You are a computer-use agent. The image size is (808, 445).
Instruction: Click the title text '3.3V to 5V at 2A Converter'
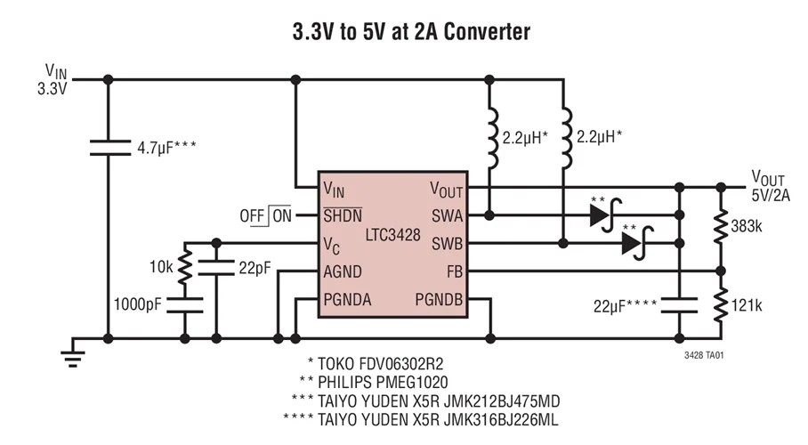(411, 33)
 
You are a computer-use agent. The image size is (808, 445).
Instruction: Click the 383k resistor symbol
(719, 228)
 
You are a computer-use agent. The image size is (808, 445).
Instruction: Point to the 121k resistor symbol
(719, 305)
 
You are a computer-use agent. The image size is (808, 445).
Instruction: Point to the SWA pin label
(447, 215)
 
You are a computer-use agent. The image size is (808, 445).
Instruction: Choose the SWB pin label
(447, 243)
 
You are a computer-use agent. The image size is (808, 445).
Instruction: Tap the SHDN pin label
(342, 215)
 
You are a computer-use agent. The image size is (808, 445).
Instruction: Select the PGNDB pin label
(439, 299)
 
